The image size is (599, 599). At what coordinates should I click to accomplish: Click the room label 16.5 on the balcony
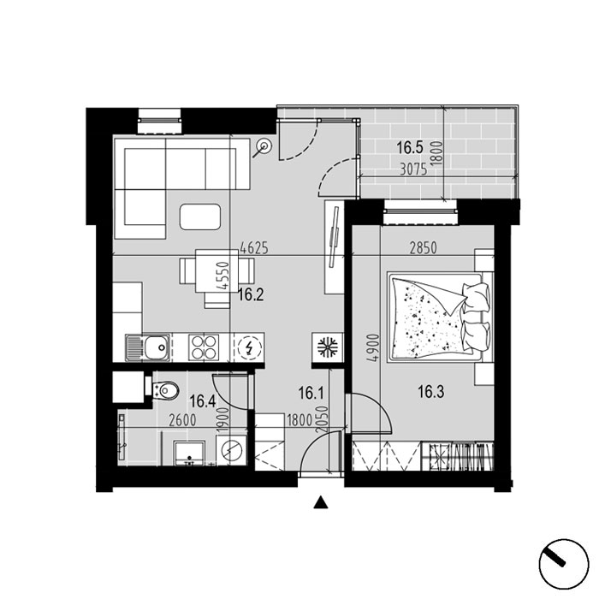tap(410, 147)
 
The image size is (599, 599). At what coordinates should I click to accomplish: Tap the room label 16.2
tap(251, 295)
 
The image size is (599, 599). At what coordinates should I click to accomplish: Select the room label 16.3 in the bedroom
tap(431, 392)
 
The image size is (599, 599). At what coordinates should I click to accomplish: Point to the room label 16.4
tap(203, 401)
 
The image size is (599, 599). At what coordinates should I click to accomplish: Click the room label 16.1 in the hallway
tap(311, 393)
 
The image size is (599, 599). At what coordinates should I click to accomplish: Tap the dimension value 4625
tap(254, 248)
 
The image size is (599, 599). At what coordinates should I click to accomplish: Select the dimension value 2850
tap(423, 248)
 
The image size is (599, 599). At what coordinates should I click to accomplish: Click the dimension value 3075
tap(413, 169)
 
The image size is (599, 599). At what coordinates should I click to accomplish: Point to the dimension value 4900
tap(375, 348)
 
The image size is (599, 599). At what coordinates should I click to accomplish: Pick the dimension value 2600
tap(182, 421)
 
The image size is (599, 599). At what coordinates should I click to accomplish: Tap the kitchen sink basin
tap(157, 347)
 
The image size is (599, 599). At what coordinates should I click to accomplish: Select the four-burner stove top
tap(204, 347)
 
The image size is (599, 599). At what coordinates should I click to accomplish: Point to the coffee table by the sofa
tap(200, 216)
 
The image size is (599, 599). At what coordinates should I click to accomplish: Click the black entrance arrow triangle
tap(321, 503)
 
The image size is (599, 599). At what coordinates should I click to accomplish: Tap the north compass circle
tap(564, 564)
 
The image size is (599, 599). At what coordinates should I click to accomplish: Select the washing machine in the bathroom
tap(232, 450)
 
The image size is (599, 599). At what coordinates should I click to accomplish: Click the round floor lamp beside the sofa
tap(264, 146)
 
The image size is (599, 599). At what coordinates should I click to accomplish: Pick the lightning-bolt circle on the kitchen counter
tap(249, 347)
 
